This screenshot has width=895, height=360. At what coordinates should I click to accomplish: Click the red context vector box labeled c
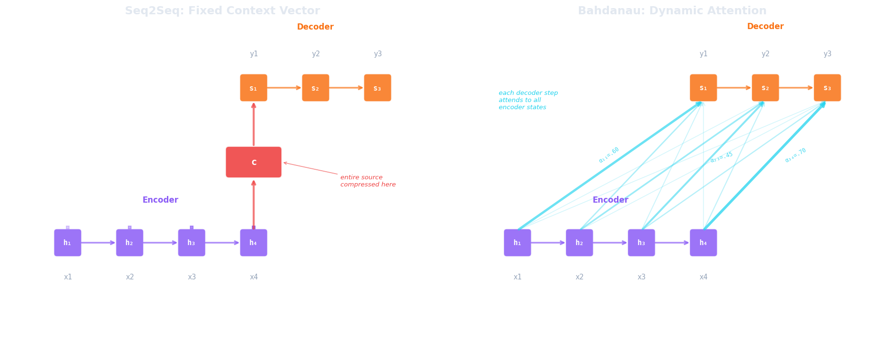point(253,162)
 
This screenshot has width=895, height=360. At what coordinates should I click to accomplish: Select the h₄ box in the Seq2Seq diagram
point(253,243)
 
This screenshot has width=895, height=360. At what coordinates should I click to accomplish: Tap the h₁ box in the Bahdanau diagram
point(517,243)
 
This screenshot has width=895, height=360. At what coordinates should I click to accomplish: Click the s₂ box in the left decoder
point(315,88)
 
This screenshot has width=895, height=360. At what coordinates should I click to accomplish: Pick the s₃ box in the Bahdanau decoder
point(827,88)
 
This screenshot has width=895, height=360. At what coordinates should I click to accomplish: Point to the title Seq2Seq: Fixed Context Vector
point(222,10)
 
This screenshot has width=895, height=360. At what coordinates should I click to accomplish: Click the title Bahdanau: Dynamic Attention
point(672,10)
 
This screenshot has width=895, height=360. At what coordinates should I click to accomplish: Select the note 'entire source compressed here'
point(367,181)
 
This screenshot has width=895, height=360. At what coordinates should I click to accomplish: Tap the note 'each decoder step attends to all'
point(527,100)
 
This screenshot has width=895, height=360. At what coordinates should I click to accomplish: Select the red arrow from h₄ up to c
point(253,204)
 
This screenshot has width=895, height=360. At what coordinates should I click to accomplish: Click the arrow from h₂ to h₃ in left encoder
point(160,243)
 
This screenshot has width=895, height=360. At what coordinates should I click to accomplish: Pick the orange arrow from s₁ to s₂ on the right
point(734,88)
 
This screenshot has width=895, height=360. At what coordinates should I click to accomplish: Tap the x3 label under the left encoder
point(191,277)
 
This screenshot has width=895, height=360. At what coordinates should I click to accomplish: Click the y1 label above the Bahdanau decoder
point(703,54)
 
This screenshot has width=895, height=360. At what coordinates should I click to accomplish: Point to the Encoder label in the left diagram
point(160,200)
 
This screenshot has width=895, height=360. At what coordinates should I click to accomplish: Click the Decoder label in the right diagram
point(765,26)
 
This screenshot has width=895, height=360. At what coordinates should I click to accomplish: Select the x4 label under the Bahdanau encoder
point(703,277)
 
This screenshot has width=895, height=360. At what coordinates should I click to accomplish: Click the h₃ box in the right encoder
point(641,243)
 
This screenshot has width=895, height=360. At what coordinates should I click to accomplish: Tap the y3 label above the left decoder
point(377,54)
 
